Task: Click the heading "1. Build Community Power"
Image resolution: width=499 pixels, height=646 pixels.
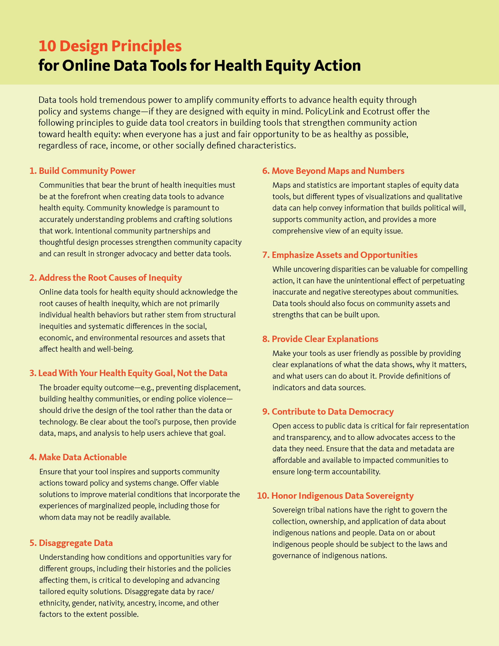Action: (x=82, y=171)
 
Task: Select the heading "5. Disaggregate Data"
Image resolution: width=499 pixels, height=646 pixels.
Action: (x=71, y=543)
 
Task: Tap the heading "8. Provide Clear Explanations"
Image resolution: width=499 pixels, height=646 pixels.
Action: (x=320, y=339)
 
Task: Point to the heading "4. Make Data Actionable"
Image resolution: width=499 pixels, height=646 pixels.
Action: (x=78, y=457)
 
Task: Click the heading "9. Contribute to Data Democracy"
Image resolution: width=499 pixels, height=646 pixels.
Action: (x=328, y=412)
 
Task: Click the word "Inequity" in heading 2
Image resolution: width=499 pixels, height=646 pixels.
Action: (x=165, y=278)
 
